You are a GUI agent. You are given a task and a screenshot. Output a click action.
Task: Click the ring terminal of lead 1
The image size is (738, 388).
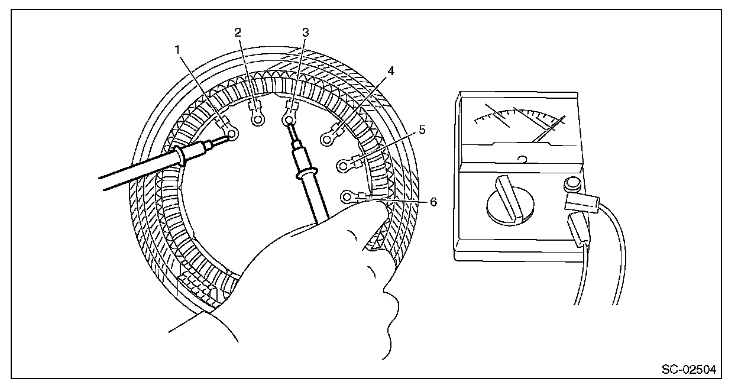click(232, 135)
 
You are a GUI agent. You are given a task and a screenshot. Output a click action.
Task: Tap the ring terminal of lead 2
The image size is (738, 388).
click(257, 120)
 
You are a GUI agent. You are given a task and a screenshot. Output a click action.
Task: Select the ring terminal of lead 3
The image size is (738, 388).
click(289, 121)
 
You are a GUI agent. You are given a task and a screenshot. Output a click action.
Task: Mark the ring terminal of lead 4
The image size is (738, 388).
click(326, 140)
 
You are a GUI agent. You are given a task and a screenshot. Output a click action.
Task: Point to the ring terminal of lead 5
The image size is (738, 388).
click(342, 166)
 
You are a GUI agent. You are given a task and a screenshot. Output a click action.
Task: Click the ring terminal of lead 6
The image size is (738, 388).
click(347, 196)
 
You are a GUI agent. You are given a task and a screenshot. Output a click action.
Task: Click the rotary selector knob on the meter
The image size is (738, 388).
click(511, 201)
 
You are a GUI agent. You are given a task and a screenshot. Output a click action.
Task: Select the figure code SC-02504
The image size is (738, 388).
click(688, 371)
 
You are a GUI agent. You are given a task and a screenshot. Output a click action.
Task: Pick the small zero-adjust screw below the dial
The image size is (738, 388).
click(522, 159)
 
